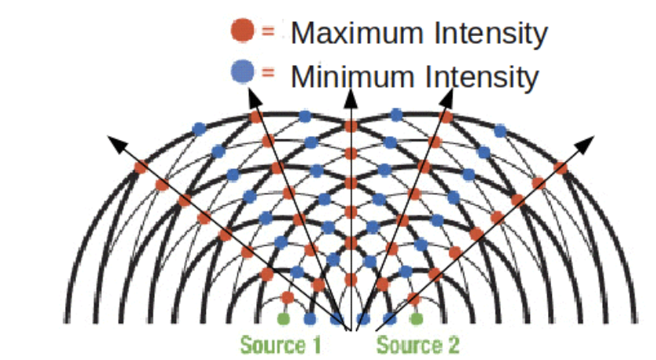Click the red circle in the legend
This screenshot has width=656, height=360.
242,31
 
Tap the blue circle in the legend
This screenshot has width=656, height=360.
242,73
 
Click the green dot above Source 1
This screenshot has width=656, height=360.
283,319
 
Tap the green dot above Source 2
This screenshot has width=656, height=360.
416,319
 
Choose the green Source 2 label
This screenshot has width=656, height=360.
418,344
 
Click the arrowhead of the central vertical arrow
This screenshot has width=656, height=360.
351,96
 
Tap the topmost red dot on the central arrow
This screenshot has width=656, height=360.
351,125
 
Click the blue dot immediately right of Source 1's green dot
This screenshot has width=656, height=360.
310,319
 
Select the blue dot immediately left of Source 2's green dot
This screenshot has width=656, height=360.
390,319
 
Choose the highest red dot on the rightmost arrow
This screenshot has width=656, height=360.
560,167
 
